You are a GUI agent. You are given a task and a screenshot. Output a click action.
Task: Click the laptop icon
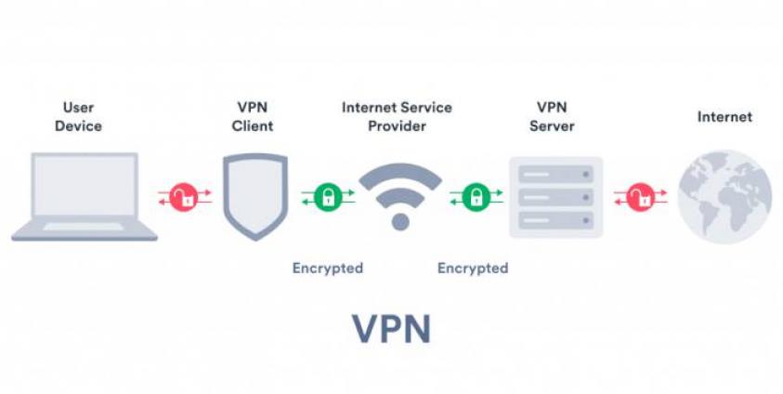[x=85, y=197]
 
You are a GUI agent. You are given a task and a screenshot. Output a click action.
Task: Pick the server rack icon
[x=555, y=197]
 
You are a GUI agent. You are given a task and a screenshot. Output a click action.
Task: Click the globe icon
[x=724, y=196]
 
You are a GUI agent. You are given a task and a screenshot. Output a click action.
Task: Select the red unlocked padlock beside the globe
[x=639, y=196]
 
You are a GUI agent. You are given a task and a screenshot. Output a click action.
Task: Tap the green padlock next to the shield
[x=327, y=196]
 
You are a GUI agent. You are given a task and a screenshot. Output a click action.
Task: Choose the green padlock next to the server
[x=476, y=196]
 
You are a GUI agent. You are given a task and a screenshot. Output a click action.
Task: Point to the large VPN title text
[x=391, y=329]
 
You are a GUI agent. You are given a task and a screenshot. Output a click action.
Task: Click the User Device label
[x=78, y=116]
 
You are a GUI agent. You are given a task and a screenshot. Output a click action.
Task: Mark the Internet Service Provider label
[x=397, y=116]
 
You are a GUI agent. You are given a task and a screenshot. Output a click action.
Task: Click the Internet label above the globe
[x=724, y=117]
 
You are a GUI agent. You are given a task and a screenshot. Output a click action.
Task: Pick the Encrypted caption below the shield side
[x=327, y=269]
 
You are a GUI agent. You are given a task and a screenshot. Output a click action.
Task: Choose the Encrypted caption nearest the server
[x=473, y=269]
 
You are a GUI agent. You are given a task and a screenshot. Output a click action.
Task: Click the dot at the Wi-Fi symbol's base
[x=400, y=221]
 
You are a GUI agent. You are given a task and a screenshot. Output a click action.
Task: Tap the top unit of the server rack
[x=555, y=174]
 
